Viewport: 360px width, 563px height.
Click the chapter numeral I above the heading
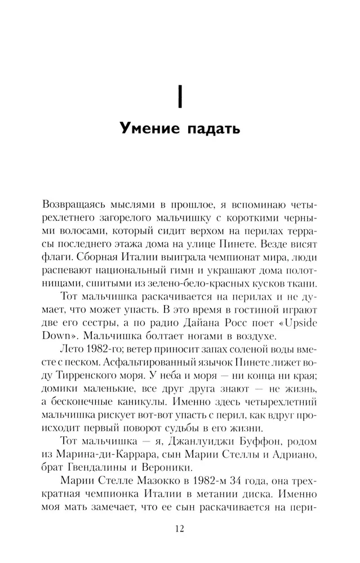tap(180, 94)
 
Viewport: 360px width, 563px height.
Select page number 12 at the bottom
tap(180, 529)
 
